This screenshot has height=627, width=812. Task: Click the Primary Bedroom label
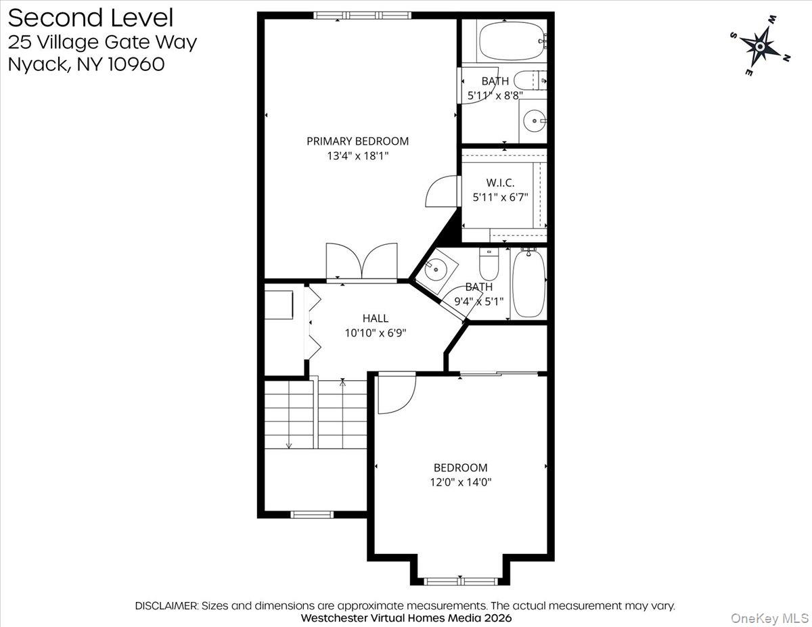point(357,141)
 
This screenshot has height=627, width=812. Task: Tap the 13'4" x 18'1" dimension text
point(358,156)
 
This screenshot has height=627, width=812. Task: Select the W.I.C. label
point(500,183)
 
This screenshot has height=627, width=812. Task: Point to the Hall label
point(375,318)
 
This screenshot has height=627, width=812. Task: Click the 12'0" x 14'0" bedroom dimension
point(461,482)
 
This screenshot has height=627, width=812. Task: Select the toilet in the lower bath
point(489,264)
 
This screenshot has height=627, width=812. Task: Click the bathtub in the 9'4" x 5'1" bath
point(528,284)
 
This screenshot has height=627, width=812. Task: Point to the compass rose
point(760,46)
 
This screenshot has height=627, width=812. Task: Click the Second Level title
point(91,18)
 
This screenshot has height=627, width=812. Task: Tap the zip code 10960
point(136,64)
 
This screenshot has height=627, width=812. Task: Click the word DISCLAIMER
point(166,606)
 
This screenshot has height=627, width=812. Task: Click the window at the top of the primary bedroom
point(362,16)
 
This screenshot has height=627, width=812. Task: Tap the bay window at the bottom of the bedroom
point(461,582)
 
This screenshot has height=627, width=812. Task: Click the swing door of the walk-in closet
point(441,191)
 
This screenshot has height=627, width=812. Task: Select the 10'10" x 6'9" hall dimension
point(375,333)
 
